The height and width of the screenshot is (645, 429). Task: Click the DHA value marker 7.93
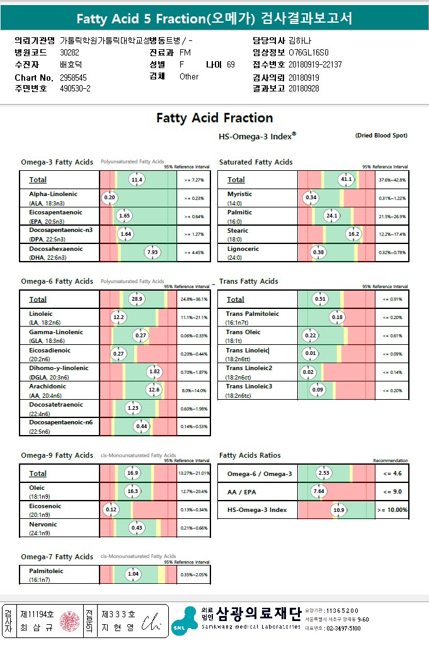point(152,252)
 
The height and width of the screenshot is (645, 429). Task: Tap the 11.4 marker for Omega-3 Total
point(137,180)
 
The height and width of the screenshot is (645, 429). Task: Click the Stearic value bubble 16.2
point(354,234)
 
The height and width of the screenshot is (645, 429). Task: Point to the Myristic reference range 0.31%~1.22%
point(392,198)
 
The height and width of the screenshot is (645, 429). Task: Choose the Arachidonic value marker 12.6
point(154,390)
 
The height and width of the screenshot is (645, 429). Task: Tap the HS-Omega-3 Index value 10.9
point(339,509)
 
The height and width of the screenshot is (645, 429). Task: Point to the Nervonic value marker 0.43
point(137,527)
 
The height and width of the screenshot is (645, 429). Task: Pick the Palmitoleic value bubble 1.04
point(133,574)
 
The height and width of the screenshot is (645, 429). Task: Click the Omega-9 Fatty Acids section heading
point(57,455)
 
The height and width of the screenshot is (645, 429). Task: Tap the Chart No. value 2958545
point(74,77)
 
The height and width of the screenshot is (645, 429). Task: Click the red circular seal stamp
point(70,621)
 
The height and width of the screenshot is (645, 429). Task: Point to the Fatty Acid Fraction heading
point(214,118)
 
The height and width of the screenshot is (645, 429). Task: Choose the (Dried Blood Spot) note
point(381,136)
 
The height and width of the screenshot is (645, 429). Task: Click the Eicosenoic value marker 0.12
point(112,509)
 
